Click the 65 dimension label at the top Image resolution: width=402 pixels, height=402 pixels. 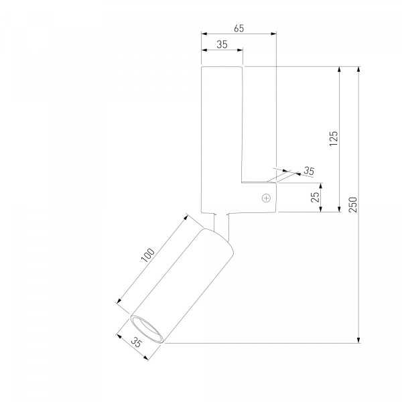(239, 28)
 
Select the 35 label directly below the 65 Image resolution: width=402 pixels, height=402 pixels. (222, 45)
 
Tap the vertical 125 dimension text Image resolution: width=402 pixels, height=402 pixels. (334, 139)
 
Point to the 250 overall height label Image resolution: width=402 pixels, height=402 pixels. (353, 204)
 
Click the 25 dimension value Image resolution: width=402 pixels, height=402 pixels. (315, 197)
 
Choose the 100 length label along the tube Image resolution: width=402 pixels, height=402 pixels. (148, 255)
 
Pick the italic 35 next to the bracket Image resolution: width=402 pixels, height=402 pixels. (309, 171)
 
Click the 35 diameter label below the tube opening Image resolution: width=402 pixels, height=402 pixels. (136, 342)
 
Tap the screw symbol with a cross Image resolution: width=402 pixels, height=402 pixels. (267, 198)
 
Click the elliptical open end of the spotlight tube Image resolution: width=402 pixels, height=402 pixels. (147, 328)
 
